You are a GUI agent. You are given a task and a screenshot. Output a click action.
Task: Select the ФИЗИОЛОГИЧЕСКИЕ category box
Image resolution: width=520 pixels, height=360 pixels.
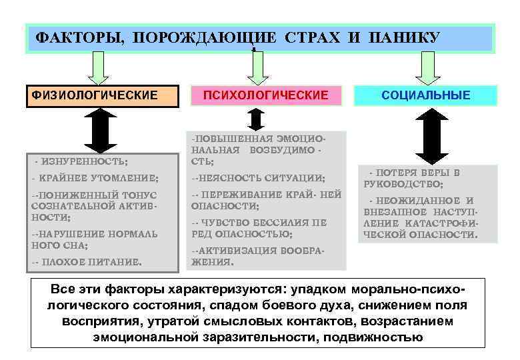[x=103, y=95]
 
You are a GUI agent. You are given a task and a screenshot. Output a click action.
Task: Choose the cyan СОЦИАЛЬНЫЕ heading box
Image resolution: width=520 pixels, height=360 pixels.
[x=426, y=95]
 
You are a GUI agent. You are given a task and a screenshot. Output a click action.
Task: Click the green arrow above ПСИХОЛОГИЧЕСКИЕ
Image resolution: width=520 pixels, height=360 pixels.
[x=257, y=68]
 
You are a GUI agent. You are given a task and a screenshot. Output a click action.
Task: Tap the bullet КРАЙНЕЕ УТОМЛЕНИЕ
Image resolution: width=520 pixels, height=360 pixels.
[x=95, y=179]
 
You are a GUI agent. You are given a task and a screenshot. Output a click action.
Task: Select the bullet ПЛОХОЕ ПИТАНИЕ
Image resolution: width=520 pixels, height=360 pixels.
[x=87, y=262]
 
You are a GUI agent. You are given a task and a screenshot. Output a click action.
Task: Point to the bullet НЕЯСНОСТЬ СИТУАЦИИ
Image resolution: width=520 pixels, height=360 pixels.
[x=259, y=179]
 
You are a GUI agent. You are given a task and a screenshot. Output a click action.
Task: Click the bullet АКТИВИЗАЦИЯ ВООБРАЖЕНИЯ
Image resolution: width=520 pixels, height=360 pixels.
[x=257, y=256]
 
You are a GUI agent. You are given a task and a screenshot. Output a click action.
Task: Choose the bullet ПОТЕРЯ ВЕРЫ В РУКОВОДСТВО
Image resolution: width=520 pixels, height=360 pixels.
[x=412, y=178]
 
